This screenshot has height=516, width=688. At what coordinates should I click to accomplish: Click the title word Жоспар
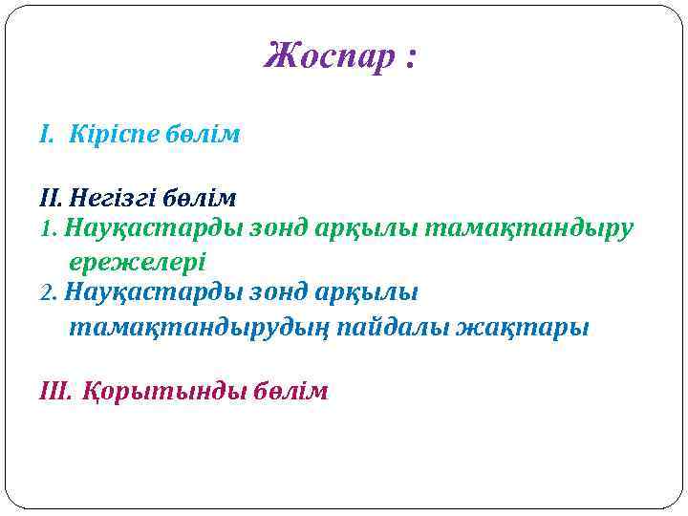tap(327, 57)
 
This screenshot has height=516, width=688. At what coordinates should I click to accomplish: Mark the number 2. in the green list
tap(50, 292)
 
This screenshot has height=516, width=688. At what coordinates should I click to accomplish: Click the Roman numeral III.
tap(54, 392)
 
